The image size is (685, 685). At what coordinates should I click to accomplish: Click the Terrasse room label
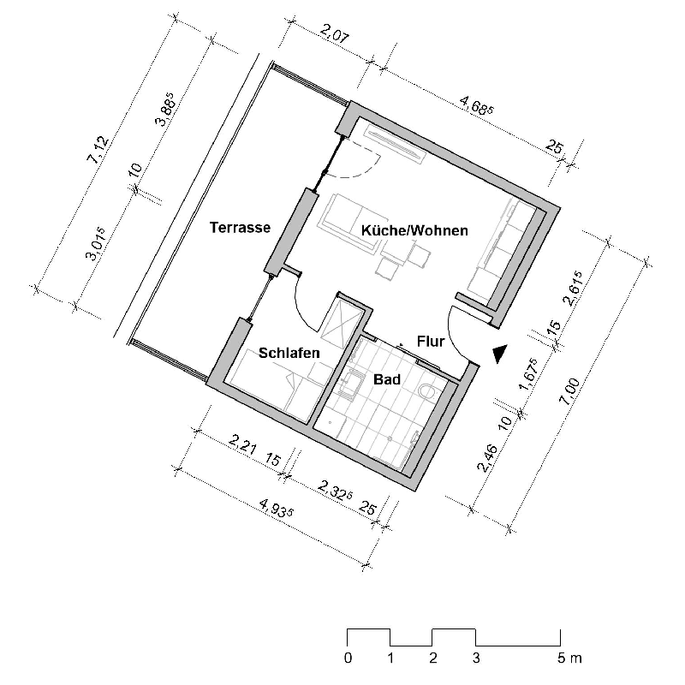tap(241, 228)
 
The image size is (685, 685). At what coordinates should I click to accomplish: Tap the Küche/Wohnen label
tap(414, 230)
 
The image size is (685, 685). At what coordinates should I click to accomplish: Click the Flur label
tap(430, 342)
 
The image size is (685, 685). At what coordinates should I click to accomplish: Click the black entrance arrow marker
tap(500, 352)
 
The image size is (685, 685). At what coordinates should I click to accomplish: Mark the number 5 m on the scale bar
tap(566, 658)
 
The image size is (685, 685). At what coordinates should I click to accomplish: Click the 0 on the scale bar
tap(347, 658)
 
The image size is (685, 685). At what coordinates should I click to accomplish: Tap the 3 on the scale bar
tap(475, 658)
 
